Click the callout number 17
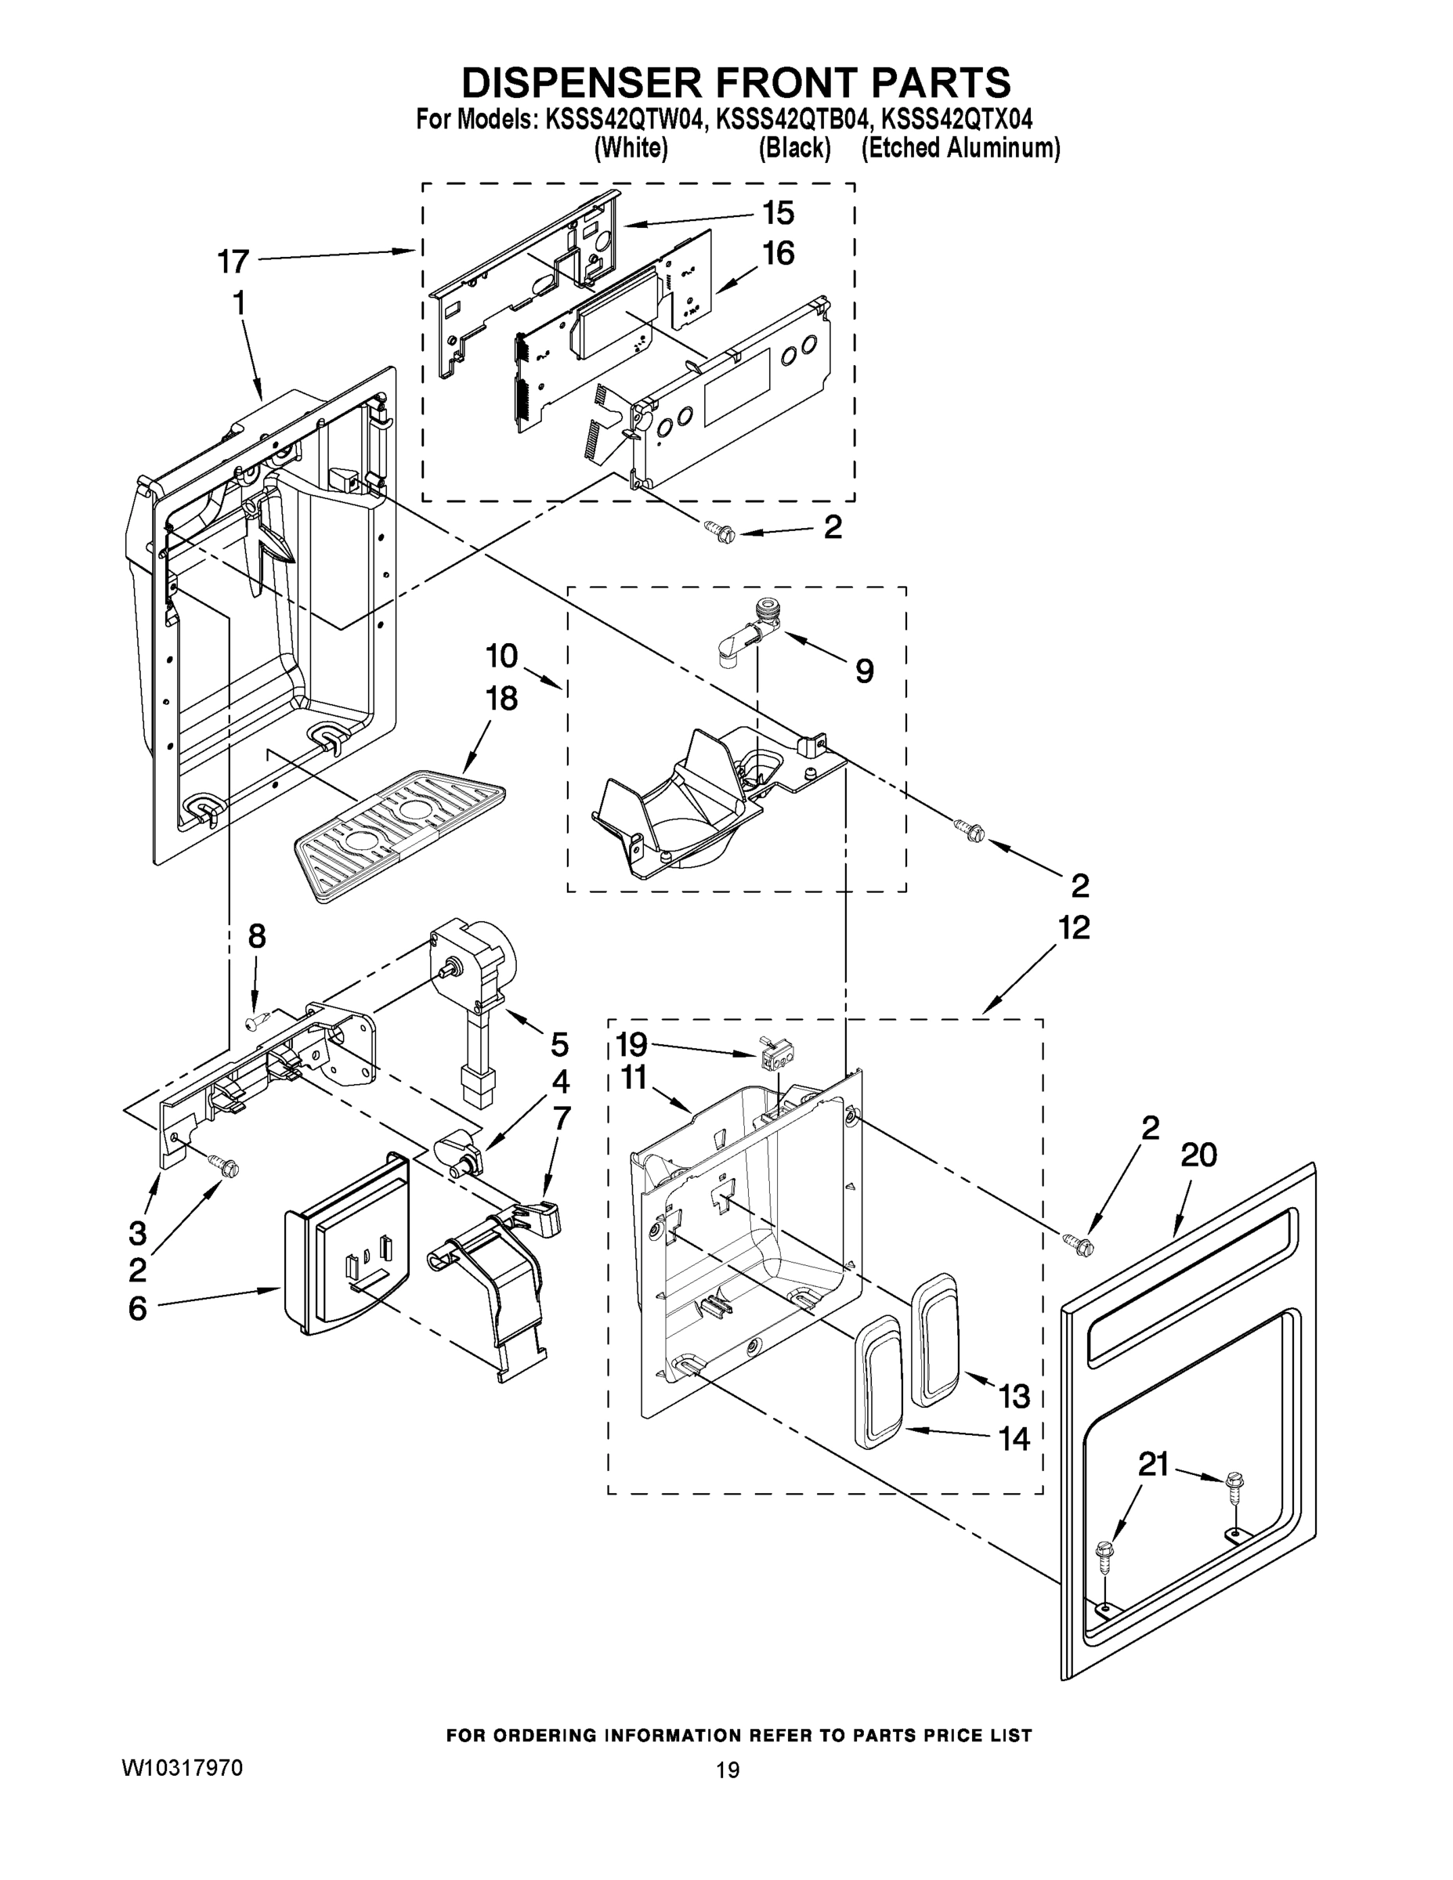point(233,262)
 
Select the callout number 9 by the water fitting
point(864,671)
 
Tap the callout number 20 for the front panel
point(1198,1155)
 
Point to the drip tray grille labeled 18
point(398,833)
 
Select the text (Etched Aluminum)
point(960,148)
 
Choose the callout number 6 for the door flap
point(138,1308)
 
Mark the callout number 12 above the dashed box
point(1074,927)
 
